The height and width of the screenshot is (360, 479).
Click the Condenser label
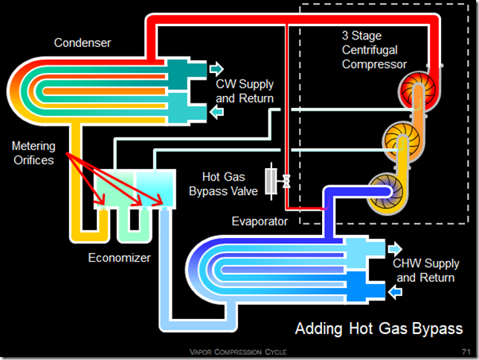point(82,43)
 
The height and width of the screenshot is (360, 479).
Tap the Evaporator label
point(260,221)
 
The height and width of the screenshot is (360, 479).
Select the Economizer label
point(120,257)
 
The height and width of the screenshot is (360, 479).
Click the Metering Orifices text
point(33,153)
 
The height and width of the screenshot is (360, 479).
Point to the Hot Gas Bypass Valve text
point(223,184)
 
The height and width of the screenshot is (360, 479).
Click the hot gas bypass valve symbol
point(277,181)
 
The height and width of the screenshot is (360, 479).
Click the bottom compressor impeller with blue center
point(385,192)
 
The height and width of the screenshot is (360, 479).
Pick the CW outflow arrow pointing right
point(216,68)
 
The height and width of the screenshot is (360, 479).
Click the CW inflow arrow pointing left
point(216,112)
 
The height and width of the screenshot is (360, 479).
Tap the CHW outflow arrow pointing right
point(395,248)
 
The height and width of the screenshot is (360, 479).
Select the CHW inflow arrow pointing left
point(395,292)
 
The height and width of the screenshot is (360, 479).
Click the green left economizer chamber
point(115,189)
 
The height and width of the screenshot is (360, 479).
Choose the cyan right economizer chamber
point(155,189)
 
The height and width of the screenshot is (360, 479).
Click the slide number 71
point(466,352)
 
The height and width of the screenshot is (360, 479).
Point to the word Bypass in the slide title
point(437,330)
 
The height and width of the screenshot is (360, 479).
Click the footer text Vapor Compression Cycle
point(238,352)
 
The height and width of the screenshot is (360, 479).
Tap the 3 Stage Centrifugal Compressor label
point(374,50)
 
